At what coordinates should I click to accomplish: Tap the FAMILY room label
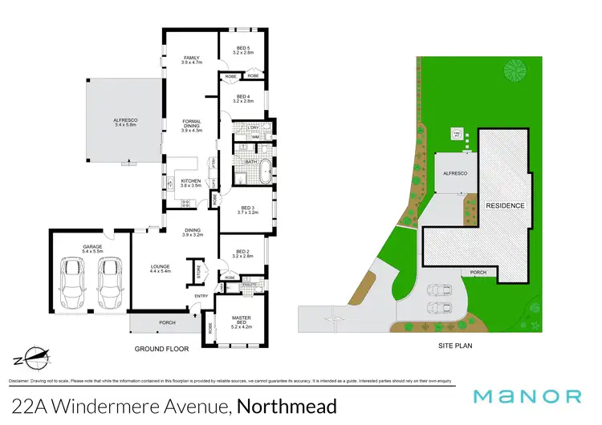coord(192,59)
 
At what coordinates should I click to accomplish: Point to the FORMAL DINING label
coord(192,124)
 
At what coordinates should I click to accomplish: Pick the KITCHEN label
coord(190,182)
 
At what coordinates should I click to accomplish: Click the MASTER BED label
coord(242,322)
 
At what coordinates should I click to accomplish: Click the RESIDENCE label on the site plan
coord(506,205)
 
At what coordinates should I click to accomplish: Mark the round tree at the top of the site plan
coord(514,71)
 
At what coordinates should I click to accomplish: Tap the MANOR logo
coord(526,395)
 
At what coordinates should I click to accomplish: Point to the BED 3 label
coord(246,211)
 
